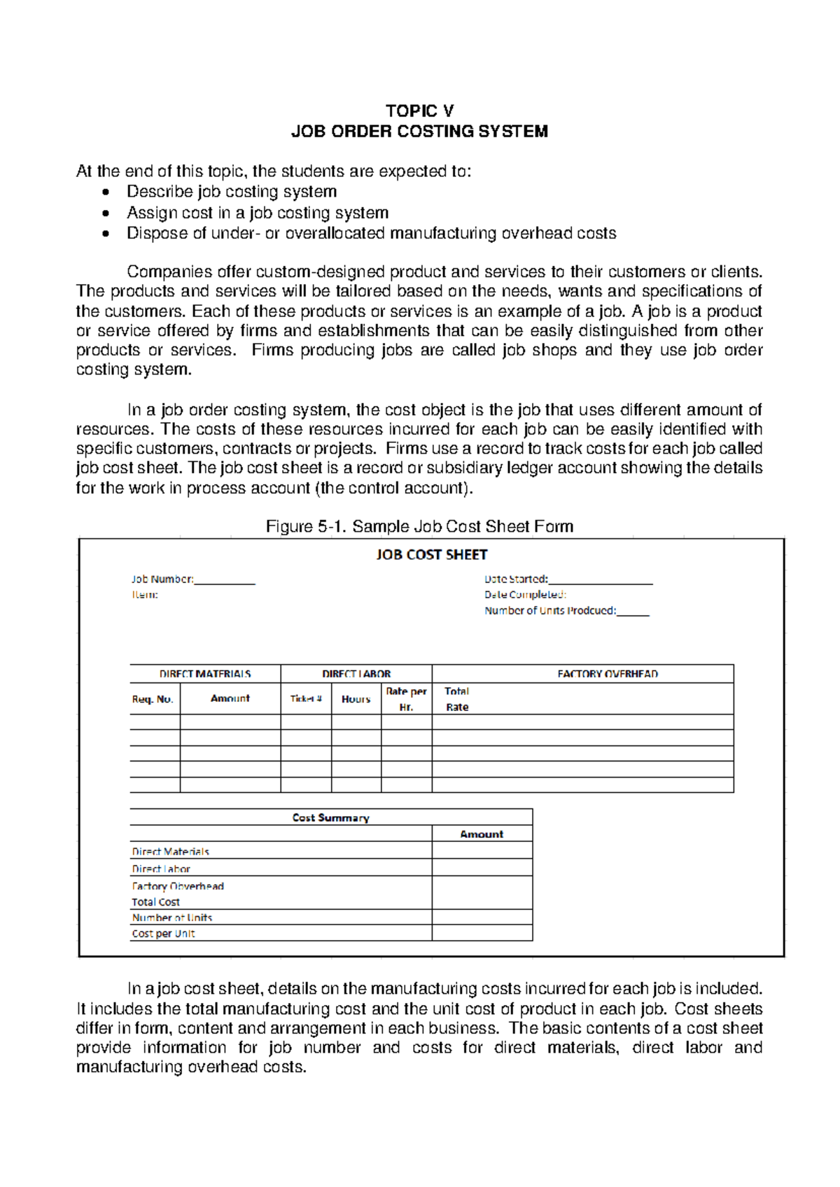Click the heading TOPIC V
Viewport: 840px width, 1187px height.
coord(419,111)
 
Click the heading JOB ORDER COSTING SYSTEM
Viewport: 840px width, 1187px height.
coord(419,132)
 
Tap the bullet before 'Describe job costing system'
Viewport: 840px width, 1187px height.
coord(106,192)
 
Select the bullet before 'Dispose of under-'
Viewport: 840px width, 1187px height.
coord(106,234)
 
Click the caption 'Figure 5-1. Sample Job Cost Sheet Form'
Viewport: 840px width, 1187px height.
coord(419,526)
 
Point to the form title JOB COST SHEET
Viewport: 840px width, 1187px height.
coord(431,554)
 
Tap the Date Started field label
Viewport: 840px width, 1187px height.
coord(516,580)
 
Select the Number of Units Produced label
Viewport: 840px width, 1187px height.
coord(550,611)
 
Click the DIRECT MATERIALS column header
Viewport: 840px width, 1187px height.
coord(205,674)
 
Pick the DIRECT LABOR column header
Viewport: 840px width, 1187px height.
coord(356,674)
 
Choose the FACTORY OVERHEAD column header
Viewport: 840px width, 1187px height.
coord(608,674)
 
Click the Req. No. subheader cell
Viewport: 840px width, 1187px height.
coord(153,699)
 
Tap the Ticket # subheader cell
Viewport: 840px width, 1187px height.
coord(306,699)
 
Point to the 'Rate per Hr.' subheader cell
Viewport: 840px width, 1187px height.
coord(406,699)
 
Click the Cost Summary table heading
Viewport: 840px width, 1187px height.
coord(330,817)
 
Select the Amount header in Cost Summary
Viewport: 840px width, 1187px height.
coord(482,834)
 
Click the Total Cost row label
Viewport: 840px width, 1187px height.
coord(156,902)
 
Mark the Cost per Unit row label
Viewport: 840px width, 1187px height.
coord(163,934)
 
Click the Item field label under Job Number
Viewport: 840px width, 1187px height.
coord(145,595)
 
